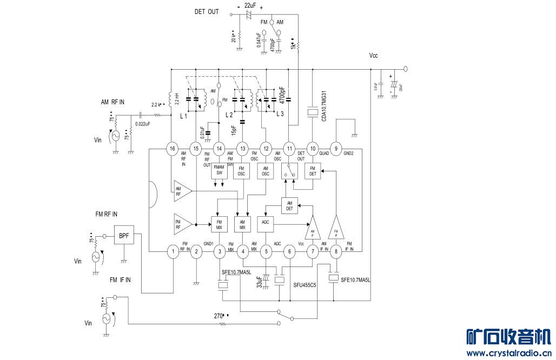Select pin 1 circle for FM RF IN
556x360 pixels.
coord(171,251)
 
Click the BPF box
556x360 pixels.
coord(124,236)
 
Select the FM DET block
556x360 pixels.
coord(313,171)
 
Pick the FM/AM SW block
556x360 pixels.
coord(219,171)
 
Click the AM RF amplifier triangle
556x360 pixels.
coord(181,191)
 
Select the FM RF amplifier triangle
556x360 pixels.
coord(181,222)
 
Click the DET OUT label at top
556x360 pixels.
coord(207,11)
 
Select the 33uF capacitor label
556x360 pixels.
coord(260,282)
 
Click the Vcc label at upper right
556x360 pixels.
coord(373,56)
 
